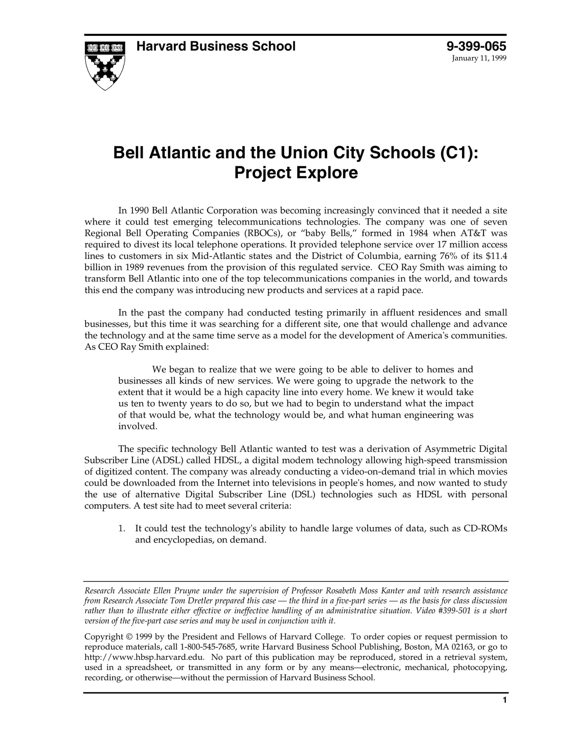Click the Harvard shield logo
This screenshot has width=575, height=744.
tap(105, 65)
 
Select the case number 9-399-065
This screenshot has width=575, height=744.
tap(476, 47)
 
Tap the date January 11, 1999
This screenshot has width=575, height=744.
tap(479, 58)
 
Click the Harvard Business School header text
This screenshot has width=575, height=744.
tap(216, 47)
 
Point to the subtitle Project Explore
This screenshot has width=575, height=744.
tap(296, 173)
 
